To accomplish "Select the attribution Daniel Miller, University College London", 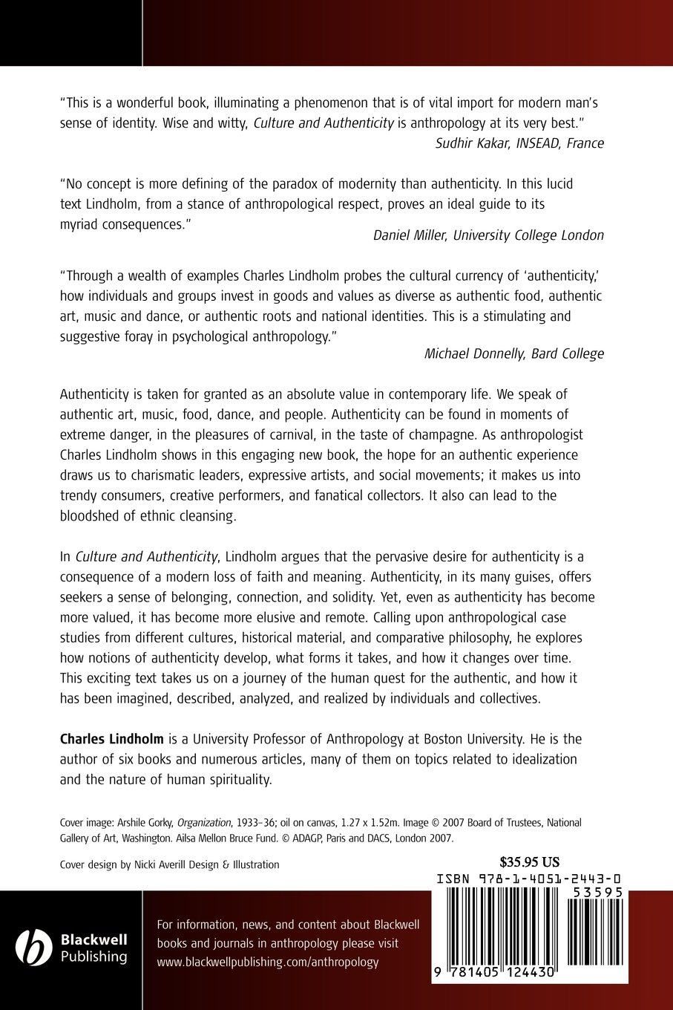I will point(488,235).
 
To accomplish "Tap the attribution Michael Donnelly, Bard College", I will point(513,353).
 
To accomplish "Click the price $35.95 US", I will point(530,863).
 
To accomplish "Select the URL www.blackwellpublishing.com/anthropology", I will point(267,962).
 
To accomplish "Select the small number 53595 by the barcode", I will point(595,893).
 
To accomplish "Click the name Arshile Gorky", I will point(145,823).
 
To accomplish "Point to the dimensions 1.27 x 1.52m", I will point(361,823).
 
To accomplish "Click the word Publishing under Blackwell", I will point(93,957).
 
